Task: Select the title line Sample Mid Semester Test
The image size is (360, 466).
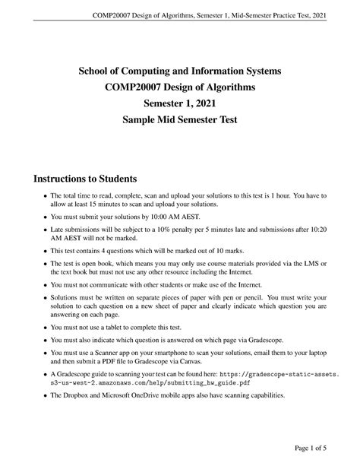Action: pyautogui.click(x=180, y=121)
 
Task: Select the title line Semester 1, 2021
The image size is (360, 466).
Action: pyautogui.click(x=180, y=104)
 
